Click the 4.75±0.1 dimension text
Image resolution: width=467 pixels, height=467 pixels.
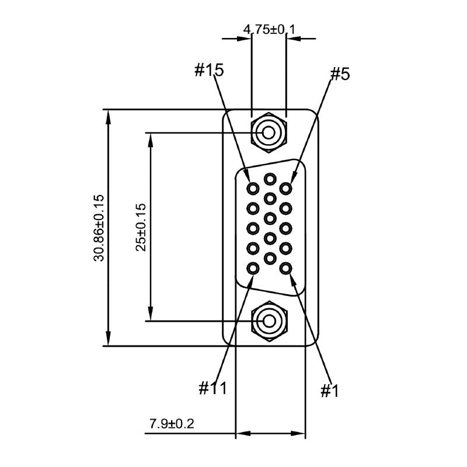point(269,29)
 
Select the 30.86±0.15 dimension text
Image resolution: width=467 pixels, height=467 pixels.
point(99,228)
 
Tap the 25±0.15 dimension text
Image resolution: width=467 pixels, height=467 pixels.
point(141,227)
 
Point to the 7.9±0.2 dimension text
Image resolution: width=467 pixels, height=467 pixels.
point(172,423)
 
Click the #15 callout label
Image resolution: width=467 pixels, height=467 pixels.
point(209,71)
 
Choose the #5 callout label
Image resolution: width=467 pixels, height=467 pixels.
point(340,74)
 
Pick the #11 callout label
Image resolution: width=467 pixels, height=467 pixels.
point(212,388)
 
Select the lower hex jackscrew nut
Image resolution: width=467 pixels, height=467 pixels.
point(269,320)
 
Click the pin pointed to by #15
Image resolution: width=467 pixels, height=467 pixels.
point(253,189)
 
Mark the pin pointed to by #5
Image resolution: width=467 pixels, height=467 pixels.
point(285,189)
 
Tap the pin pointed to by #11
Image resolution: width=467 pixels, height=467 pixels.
point(253,269)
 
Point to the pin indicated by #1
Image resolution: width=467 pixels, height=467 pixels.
point(285,269)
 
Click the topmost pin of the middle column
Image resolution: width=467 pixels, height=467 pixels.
point(270,179)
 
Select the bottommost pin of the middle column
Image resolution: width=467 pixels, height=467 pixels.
point(270,257)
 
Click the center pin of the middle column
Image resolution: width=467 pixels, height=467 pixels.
point(270,218)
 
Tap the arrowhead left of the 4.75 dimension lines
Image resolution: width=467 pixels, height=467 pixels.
point(244,39)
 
